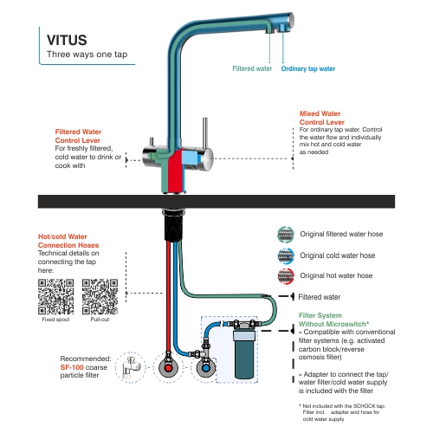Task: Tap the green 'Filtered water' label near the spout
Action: click(253, 68)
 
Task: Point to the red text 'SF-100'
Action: click(73, 368)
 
